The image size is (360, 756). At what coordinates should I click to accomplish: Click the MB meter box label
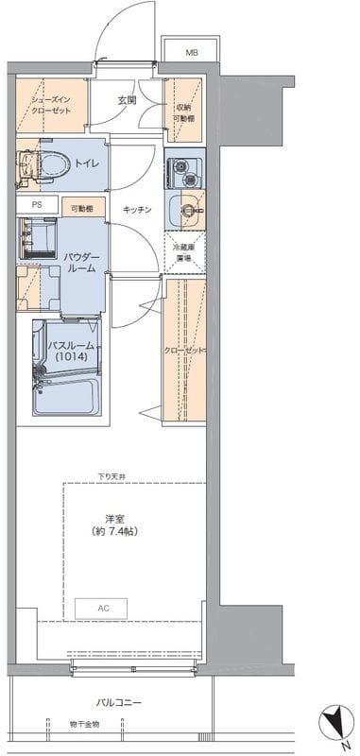pyautogui.click(x=192, y=52)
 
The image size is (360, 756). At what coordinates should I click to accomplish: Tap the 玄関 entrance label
pyautogui.click(x=128, y=100)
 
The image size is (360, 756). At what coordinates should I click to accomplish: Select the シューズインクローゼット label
pyautogui.click(x=49, y=104)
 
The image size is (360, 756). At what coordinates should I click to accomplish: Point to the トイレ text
pyautogui.click(x=87, y=162)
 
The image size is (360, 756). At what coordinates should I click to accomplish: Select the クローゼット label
pyautogui.click(x=185, y=351)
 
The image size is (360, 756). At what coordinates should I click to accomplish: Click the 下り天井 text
pyautogui.click(x=111, y=475)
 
